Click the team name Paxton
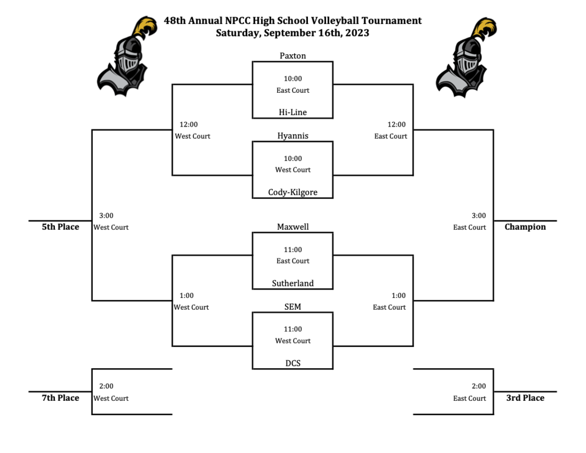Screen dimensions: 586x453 point(292,56)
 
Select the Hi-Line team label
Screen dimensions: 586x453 point(292,112)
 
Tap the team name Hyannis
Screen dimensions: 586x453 point(292,136)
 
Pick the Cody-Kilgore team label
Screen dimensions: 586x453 point(292,192)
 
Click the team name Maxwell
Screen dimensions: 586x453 point(292,227)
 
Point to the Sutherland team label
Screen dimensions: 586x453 point(292,283)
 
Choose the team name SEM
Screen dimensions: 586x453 point(292,307)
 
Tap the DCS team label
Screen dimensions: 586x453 point(292,363)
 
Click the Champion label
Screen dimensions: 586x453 point(525,227)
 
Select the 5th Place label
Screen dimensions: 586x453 point(60,227)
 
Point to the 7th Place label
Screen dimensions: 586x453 point(60,397)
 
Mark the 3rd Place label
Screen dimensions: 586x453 point(525,397)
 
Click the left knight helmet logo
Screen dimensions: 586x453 point(126,56)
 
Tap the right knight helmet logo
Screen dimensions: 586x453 point(466,57)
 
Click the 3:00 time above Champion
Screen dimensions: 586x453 point(478,215)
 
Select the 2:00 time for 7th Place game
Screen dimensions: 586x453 point(106,386)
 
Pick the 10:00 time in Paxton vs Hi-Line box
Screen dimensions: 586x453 point(292,78)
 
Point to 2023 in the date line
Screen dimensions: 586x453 point(357,33)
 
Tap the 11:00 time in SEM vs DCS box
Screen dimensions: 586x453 point(292,329)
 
